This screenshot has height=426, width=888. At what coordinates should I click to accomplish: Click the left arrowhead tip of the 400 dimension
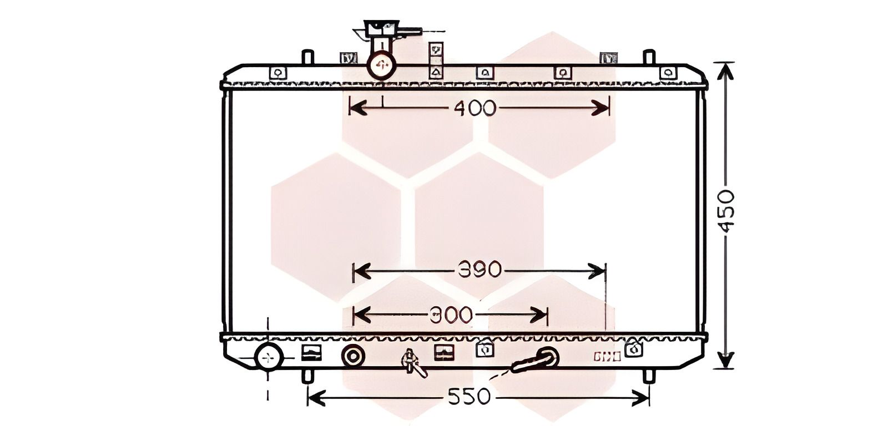click(x=350, y=108)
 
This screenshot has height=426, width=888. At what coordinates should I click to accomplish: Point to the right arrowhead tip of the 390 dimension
click(x=606, y=271)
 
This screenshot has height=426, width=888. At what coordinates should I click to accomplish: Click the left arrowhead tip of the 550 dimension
click(x=308, y=398)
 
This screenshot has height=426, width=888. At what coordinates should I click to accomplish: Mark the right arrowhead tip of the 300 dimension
click(x=547, y=315)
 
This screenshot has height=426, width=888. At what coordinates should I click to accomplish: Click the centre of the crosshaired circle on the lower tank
click(x=269, y=357)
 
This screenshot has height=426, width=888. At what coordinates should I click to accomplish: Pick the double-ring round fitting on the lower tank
click(x=352, y=357)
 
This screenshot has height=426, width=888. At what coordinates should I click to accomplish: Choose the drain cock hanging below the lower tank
click(x=413, y=363)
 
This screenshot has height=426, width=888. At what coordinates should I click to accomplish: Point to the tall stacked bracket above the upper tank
click(x=436, y=60)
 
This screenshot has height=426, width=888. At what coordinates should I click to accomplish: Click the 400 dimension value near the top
click(x=475, y=108)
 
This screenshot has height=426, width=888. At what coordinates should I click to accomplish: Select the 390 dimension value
click(x=480, y=270)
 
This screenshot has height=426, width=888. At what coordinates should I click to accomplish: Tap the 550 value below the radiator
click(x=470, y=397)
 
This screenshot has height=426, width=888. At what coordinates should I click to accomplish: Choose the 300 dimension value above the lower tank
click(x=451, y=315)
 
